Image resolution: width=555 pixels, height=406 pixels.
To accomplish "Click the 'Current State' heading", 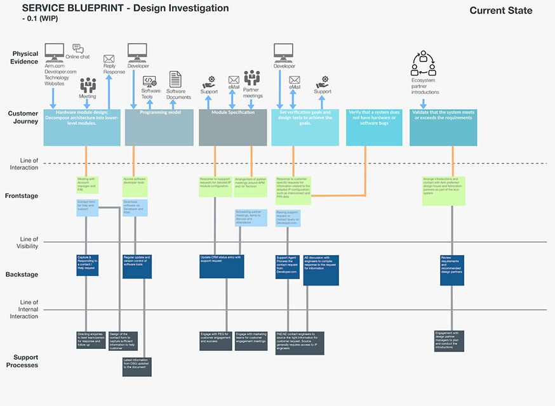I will [x=501, y=11].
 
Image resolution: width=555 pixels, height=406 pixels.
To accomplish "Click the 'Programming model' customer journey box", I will [x=159, y=127].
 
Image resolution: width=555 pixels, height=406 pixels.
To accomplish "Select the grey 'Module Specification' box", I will [x=232, y=127].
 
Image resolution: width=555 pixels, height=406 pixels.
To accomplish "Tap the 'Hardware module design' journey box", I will [x=82, y=127].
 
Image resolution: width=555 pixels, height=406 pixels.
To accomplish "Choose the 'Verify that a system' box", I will [x=375, y=127].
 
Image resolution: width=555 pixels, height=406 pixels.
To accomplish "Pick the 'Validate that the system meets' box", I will [x=443, y=127].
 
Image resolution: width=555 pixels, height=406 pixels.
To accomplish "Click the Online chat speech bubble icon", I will [x=78, y=48].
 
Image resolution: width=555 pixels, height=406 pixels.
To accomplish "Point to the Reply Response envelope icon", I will [x=109, y=59].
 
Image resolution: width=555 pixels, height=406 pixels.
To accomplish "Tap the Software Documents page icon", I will [x=175, y=79].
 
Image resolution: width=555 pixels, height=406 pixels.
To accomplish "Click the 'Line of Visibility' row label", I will [x=29, y=242].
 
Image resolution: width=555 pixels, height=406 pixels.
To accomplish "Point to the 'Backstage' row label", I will [x=22, y=275].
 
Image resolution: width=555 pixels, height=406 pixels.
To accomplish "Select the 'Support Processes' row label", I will [x=22, y=361].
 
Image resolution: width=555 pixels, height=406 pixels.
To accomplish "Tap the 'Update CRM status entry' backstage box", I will [x=222, y=266].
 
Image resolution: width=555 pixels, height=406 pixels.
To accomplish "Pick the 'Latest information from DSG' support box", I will [x=137, y=367].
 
